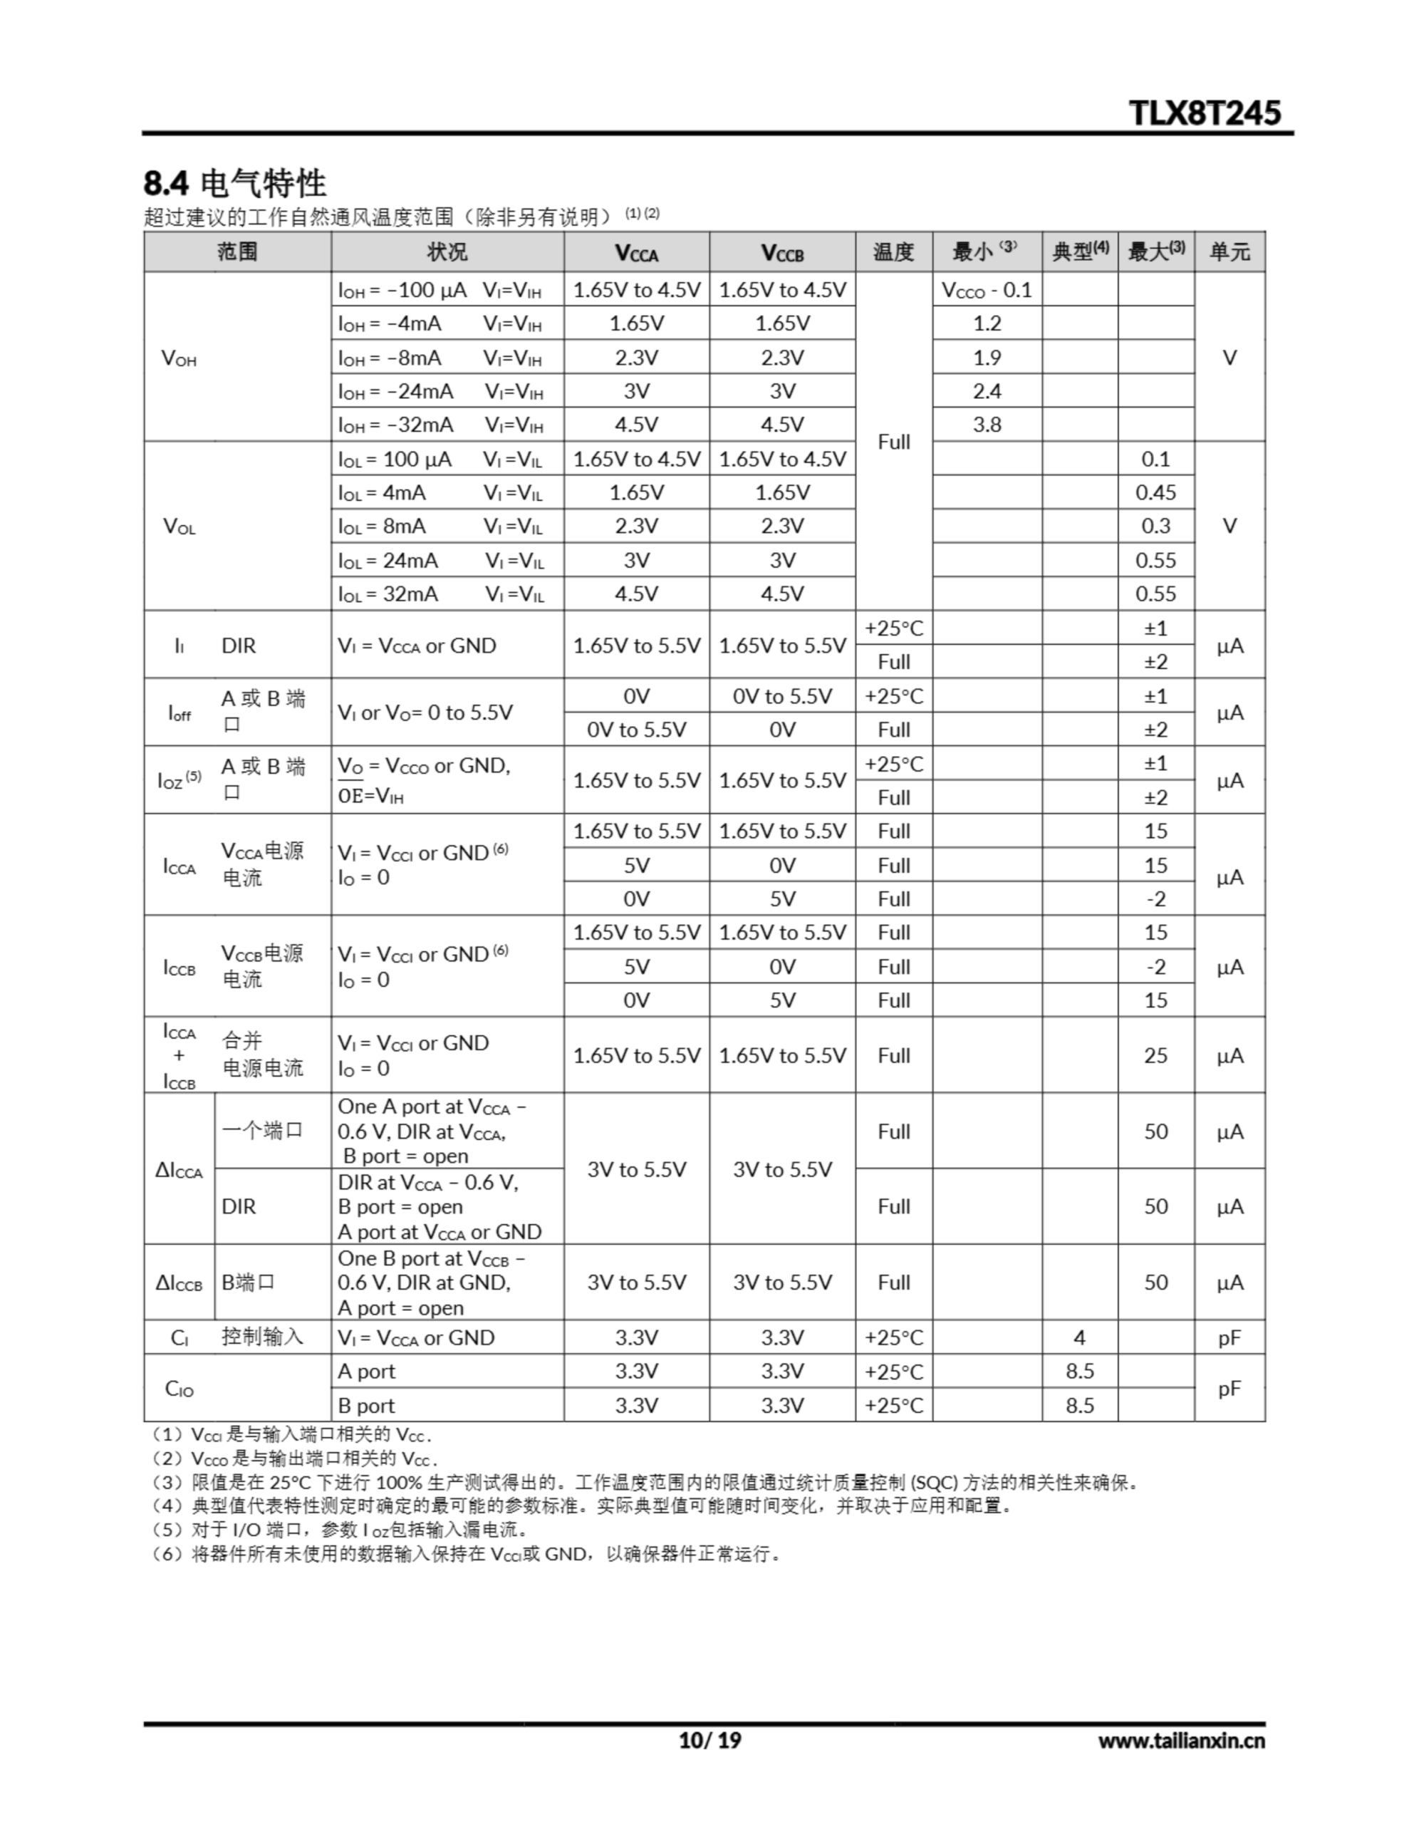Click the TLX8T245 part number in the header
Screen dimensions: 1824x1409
[x=1204, y=113]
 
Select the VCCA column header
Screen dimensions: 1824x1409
[x=636, y=252]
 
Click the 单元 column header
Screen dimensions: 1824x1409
[x=1229, y=252]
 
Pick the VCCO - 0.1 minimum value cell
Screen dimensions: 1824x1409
[x=987, y=290]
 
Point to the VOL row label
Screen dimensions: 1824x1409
[x=179, y=526]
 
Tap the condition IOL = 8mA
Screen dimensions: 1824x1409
[x=382, y=526]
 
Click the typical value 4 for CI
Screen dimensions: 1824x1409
[x=1079, y=1337]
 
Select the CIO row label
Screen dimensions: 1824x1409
[x=179, y=1388]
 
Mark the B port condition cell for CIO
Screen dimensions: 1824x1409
[x=367, y=1405]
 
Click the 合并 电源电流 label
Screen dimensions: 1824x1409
[x=262, y=1054]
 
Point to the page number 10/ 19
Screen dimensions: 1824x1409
[x=709, y=1740]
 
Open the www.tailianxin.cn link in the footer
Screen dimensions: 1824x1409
[x=1181, y=1740]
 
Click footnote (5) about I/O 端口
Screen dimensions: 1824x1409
[x=338, y=1530]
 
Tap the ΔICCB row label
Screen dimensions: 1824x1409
[x=179, y=1282]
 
